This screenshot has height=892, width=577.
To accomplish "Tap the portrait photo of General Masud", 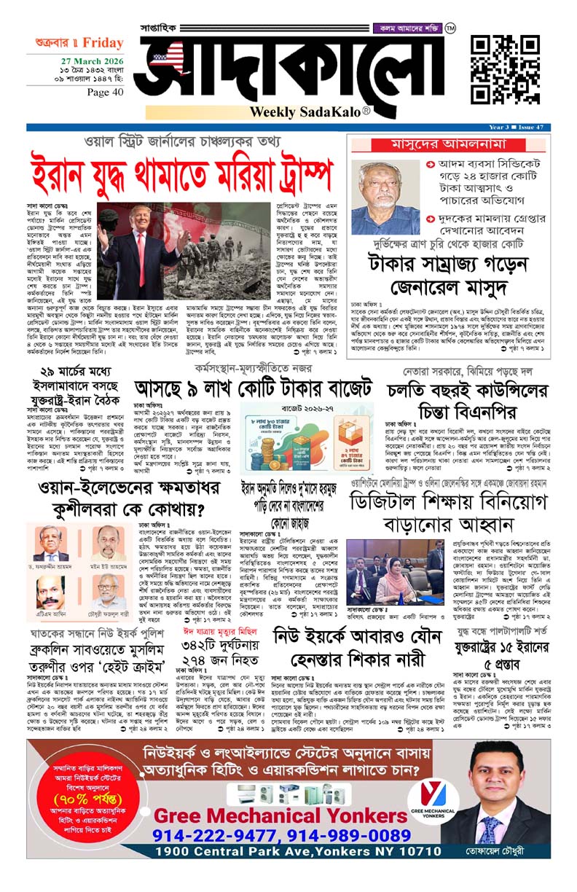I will pyautogui.click(x=385, y=197).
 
